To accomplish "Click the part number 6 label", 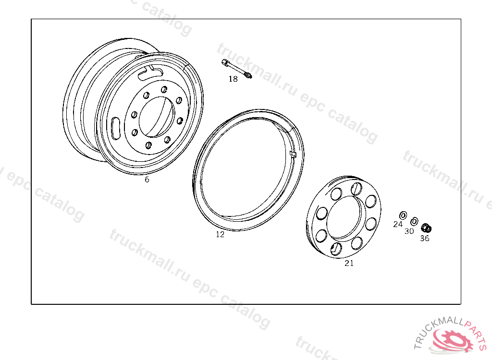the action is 147,180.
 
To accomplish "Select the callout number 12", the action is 220,234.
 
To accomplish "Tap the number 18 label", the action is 233,79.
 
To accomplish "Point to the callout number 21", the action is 349,264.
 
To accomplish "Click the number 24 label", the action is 397,224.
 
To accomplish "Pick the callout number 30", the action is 409,231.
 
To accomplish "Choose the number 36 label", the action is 425,239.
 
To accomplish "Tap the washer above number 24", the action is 403,216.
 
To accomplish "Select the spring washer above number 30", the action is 414,221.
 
